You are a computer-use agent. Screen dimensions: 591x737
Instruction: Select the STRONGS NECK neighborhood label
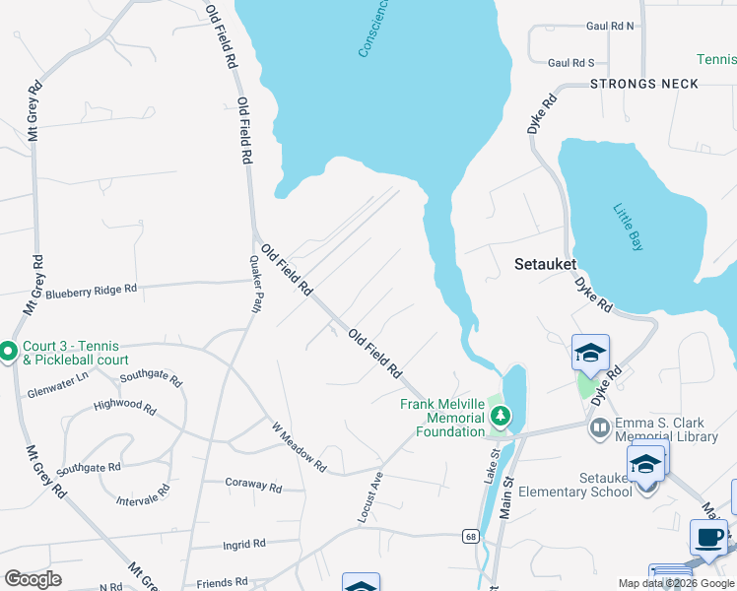pos(644,84)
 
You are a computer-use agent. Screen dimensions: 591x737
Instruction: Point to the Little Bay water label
pos(628,227)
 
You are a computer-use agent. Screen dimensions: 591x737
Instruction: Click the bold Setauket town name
pos(545,264)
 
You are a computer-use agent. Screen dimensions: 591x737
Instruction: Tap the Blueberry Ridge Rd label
pos(91,292)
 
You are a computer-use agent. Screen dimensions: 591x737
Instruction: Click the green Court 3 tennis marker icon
pos(8,351)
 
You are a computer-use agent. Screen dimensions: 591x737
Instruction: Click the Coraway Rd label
pos(253,488)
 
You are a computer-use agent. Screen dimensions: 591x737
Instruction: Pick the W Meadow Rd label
pos(300,447)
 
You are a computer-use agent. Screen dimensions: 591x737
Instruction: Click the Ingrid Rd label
pos(244,543)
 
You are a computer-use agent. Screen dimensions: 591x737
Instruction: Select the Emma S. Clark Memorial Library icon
pos(599,427)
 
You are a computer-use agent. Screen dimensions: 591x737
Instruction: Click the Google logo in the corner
pos(33,579)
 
